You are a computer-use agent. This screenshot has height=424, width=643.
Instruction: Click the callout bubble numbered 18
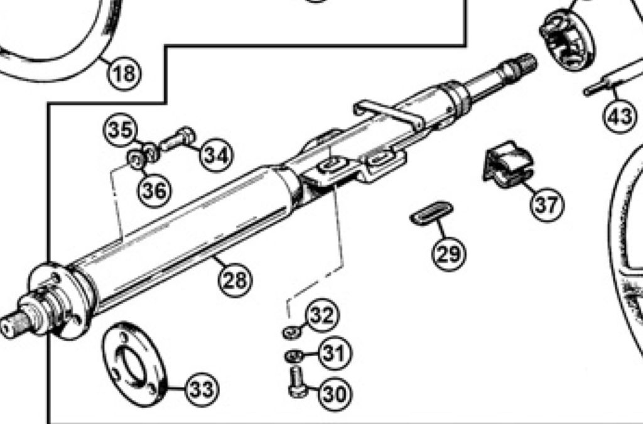click(124, 73)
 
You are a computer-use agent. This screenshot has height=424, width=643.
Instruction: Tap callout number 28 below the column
click(235, 280)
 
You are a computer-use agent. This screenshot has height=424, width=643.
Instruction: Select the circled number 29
click(449, 253)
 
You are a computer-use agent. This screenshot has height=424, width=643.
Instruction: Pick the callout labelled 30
click(335, 394)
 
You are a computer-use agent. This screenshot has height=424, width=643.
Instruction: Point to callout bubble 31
click(335, 352)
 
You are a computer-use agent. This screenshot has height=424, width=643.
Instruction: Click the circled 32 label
click(323, 315)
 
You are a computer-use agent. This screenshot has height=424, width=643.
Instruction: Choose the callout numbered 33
click(202, 389)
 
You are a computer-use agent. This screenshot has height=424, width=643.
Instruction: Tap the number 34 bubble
click(216, 155)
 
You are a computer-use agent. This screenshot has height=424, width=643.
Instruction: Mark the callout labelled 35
click(120, 130)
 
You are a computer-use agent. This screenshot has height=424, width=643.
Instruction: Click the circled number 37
click(547, 204)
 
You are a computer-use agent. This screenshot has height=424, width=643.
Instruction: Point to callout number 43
click(620, 116)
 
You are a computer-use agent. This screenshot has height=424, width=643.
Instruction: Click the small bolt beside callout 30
click(298, 383)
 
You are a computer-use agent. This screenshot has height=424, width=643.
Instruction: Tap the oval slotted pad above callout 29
click(431, 213)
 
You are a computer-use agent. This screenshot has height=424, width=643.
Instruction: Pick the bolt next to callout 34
click(178, 139)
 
